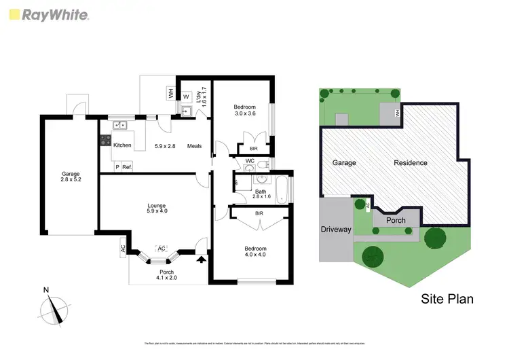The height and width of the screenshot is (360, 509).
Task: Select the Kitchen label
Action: [x=122, y=145]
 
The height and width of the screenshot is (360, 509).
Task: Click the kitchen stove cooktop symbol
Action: [x=105, y=141]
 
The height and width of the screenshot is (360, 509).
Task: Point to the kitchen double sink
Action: [x=120, y=125]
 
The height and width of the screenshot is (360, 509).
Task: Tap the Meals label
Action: [x=195, y=145]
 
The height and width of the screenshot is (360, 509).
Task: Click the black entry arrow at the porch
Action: [x=200, y=258]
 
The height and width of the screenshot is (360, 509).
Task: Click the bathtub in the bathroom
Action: [x=283, y=190]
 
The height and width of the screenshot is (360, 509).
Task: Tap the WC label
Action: [x=250, y=161]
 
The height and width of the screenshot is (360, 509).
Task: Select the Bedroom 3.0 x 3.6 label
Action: [x=244, y=110]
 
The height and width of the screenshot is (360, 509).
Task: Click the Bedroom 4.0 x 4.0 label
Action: [x=255, y=252]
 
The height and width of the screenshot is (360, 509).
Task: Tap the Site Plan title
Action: [x=447, y=298]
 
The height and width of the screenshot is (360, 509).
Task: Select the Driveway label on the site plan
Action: [x=336, y=230]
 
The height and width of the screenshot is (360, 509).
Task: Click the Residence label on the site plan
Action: [x=410, y=163]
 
